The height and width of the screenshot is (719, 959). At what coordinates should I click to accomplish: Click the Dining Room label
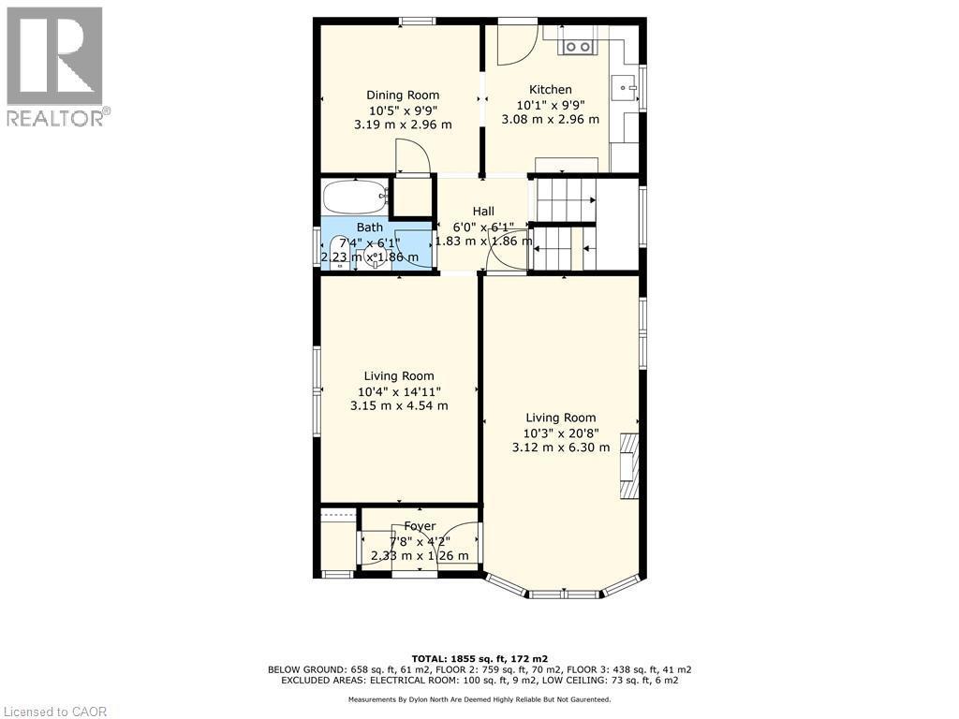click(x=402, y=95)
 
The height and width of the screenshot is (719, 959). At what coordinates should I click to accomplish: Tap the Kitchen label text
click(x=550, y=90)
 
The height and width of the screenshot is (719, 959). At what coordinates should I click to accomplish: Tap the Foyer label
click(x=420, y=526)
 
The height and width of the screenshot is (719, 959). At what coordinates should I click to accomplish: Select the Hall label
click(x=483, y=212)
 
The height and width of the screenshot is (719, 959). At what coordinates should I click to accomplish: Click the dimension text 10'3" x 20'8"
click(x=560, y=433)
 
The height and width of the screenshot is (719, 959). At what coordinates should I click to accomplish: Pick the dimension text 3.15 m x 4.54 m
click(x=399, y=405)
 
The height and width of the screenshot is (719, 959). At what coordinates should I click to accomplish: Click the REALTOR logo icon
click(x=54, y=56)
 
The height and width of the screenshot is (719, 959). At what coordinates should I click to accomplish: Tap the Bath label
click(x=369, y=227)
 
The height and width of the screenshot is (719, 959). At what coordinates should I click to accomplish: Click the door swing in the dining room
click(x=412, y=156)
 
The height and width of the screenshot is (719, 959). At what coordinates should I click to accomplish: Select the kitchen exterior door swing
click(x=513, y=47)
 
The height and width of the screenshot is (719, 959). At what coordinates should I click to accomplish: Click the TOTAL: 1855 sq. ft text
click(x=479, y=658)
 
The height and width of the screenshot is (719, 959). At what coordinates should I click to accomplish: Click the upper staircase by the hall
click(x=565, y=199)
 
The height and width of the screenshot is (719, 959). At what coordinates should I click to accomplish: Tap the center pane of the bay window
click(x=565, y=594)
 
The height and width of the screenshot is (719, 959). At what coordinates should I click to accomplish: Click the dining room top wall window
click(x=418, y=22)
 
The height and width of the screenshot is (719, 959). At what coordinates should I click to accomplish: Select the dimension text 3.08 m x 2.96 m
click(x=550, y=119)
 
